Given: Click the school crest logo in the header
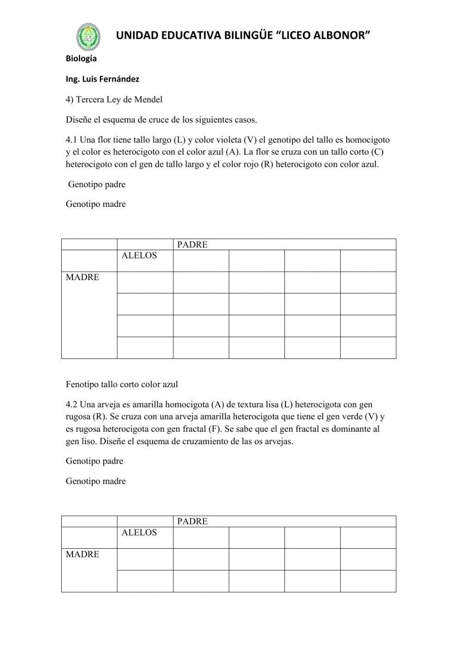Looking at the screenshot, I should [x=88, y=37].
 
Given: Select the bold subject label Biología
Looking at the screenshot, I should [x=81, y=59].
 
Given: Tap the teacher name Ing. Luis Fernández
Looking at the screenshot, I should [x=102, y=79].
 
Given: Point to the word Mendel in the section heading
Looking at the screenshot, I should [x=148, y=100].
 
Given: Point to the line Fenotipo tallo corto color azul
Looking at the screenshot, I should [x=122, y=384].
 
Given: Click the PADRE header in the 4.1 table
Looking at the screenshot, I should [x=192, y=245].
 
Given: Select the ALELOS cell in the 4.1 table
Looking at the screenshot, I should [x=139, y=256].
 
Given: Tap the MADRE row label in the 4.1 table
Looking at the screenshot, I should [x=83, y=277].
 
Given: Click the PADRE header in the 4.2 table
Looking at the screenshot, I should [x=192, y=522].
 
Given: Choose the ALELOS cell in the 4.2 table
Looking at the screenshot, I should [x=139, y=533].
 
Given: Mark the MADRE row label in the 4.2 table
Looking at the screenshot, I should [x=83, y=554].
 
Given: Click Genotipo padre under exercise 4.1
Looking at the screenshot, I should [x=97, y=184].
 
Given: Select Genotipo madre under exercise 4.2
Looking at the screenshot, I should [x=96, y=481].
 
